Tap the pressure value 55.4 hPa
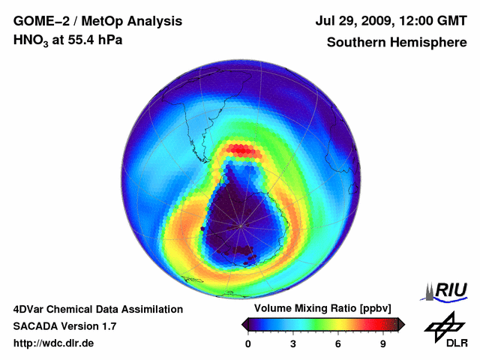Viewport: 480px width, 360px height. (94, 40)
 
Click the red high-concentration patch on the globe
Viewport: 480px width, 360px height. (241, 150)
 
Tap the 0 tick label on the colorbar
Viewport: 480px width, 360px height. (248, 344)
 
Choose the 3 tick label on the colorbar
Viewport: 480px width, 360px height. (293, 344)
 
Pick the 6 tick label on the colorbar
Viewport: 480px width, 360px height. (338, 344)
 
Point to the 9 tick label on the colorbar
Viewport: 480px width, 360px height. (382, 344)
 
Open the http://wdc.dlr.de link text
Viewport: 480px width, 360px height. (54, 343)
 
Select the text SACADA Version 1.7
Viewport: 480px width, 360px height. (64, 326)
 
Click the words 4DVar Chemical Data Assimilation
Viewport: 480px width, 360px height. (97, 309)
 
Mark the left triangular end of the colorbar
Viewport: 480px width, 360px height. (244, 324)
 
